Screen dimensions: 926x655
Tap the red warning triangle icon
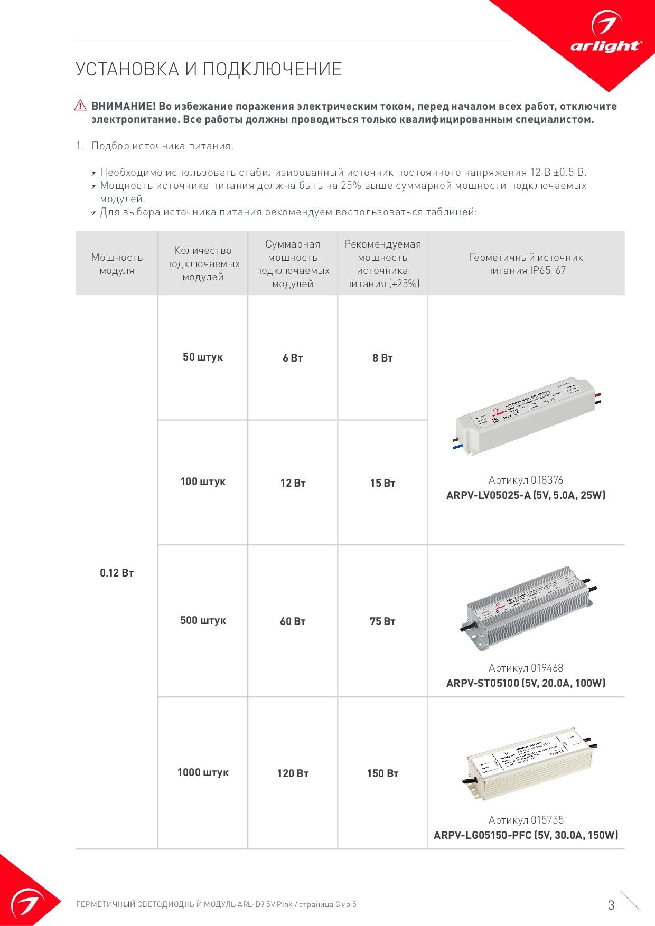pos(80,106)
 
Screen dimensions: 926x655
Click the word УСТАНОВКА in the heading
pos(126,70)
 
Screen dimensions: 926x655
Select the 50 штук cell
pos(203,357)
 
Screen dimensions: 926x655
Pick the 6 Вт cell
pos(293,358)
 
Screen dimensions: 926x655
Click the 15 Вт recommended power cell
pos(382,483)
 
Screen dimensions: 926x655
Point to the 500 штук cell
pos(203,621)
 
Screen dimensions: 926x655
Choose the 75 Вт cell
pos(382,622)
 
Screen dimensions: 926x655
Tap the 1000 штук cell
pos(203,773)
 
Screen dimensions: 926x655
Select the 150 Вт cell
pos(382,774)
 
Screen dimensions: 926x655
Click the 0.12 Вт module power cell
pos(117,573)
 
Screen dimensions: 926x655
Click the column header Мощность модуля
pos(117,264)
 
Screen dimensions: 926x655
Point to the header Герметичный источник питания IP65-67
pos(526,264)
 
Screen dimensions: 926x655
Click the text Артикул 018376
pos(526,480)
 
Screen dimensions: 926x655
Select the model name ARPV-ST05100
pos(483,683)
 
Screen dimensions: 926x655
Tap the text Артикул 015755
pos(526,820)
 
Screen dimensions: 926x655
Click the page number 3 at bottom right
pos(611,905)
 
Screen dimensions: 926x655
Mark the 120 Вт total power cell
pos(293,774)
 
